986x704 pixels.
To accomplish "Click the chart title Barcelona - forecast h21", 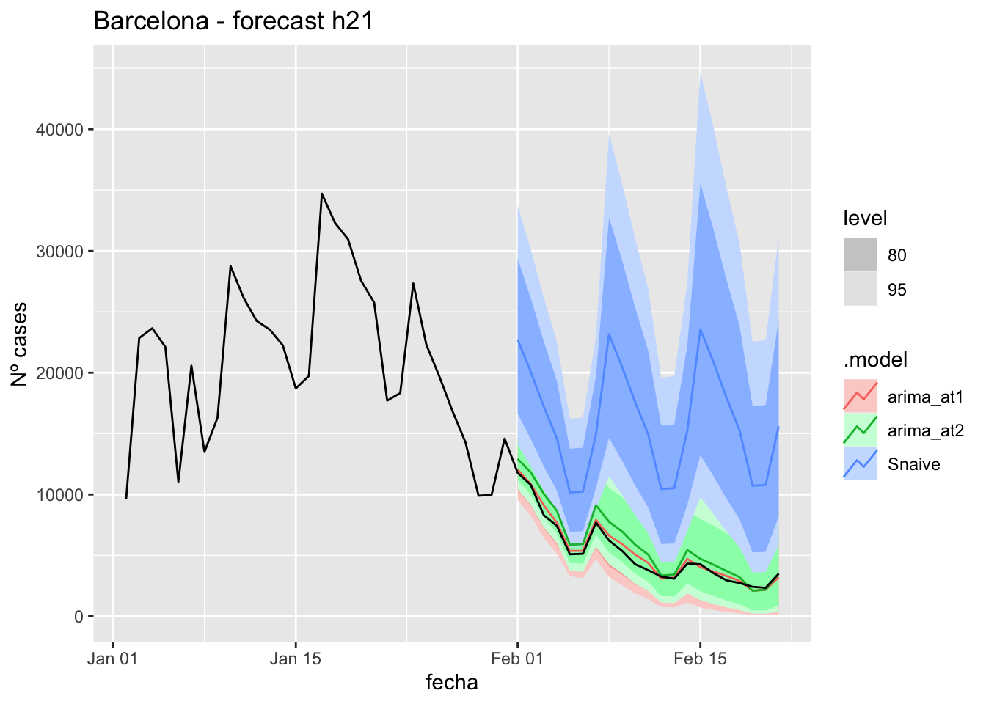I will pos(233,21).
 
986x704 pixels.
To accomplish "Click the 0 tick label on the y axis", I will pos(78,617).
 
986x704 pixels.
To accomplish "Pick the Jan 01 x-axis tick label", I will pos(112,659).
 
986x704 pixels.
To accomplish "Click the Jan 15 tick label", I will pos(295,659).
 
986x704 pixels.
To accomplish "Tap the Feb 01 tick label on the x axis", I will pos(518,659).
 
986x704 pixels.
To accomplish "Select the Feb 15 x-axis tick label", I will pos(700,659).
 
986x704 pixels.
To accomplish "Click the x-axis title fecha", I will pos(452,683).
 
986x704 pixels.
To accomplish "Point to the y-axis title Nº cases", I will pos(20,344).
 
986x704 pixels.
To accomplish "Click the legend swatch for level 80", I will pos(860,255).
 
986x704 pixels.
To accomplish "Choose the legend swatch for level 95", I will pos(860,290).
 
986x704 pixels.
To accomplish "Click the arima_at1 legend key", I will pos(860,397).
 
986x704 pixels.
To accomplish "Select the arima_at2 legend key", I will pos(860,430).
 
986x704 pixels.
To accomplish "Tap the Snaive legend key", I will pos(860,464).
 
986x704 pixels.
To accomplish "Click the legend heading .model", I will pos(875,360).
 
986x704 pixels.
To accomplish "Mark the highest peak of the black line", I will pos(321,194).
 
